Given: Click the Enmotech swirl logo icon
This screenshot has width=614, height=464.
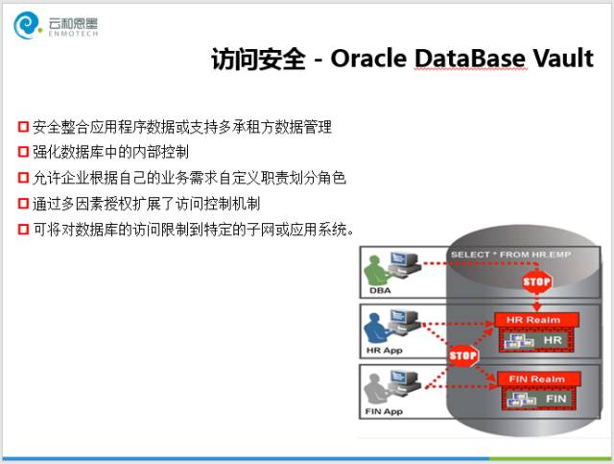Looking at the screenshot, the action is click(27, 26).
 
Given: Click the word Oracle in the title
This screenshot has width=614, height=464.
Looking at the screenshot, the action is click(368, 58).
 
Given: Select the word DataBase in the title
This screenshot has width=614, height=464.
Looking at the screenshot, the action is click(470, 58).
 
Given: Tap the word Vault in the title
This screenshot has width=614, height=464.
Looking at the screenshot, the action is click(564, 58).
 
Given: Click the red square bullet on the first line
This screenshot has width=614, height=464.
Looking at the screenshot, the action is click(23, 127).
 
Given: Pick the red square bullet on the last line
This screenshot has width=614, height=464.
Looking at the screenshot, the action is click(23, 229).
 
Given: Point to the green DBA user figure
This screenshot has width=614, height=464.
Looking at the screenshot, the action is click(375, 271).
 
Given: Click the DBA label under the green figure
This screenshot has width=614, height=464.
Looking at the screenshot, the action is click(380, 291).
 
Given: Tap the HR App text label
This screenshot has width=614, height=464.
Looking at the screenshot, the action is click(384, 351).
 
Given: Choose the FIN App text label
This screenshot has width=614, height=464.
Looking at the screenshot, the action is click(384, 411).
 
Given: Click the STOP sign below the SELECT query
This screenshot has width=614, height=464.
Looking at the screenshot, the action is click(536, 281).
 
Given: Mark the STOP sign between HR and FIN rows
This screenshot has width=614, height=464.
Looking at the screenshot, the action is click(463, 355).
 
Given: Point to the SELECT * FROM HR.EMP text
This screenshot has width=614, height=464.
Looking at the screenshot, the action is click(510, 255).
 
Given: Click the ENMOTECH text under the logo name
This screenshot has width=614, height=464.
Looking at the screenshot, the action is click(73, 34).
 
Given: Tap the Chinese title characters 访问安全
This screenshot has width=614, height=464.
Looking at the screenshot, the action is click(258, 59).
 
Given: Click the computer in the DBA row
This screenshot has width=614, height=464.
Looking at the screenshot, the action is click(403, 263).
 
